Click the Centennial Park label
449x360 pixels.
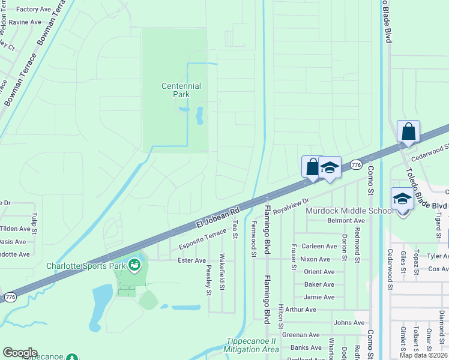(181, 90)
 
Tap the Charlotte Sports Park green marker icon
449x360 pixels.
(134, 265)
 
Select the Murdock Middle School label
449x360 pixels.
(349, 211)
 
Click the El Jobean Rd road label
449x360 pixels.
(217, 217)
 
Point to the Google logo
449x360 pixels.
(20, 353)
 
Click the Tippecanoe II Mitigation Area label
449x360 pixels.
(252, 346)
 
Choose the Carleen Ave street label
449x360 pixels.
(319, 247)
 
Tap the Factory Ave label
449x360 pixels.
(34, 10)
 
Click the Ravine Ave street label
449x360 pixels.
(25, 22)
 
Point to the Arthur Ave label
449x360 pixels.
(301, 310)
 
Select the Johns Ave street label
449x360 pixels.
(349, 323)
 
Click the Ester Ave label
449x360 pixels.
(192, 260)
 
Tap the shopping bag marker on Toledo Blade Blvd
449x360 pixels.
(408, 131)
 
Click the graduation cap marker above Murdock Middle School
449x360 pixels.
(402, 199)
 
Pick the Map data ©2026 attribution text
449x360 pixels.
(424, 355)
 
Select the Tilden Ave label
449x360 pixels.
(14, 229)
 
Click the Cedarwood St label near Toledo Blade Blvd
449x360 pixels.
(430, 148)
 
